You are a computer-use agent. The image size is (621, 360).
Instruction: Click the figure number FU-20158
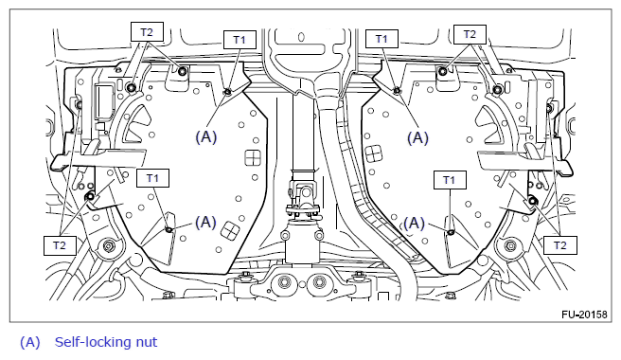pyautogui.click(x=584, y=315)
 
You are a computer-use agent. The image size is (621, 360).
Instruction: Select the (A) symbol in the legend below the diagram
pyautogui.click(x=30, y=342)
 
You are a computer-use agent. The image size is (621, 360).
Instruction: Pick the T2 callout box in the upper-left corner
pyautogui.click(x=147, y=31)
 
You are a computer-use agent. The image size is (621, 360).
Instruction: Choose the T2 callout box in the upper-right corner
pyautogui.click(x=470, y=34)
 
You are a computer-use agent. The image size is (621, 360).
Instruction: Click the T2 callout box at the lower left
pyautogui.click(x=60, y=245)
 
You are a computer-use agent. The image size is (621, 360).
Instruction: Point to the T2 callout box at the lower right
pyautogui.click(x=560, y=245)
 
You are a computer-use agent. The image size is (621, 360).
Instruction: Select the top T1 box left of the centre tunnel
pyautogui.click(x=240, y=40)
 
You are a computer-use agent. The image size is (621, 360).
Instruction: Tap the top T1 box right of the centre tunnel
pyautogui.click(x=381, y=39)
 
